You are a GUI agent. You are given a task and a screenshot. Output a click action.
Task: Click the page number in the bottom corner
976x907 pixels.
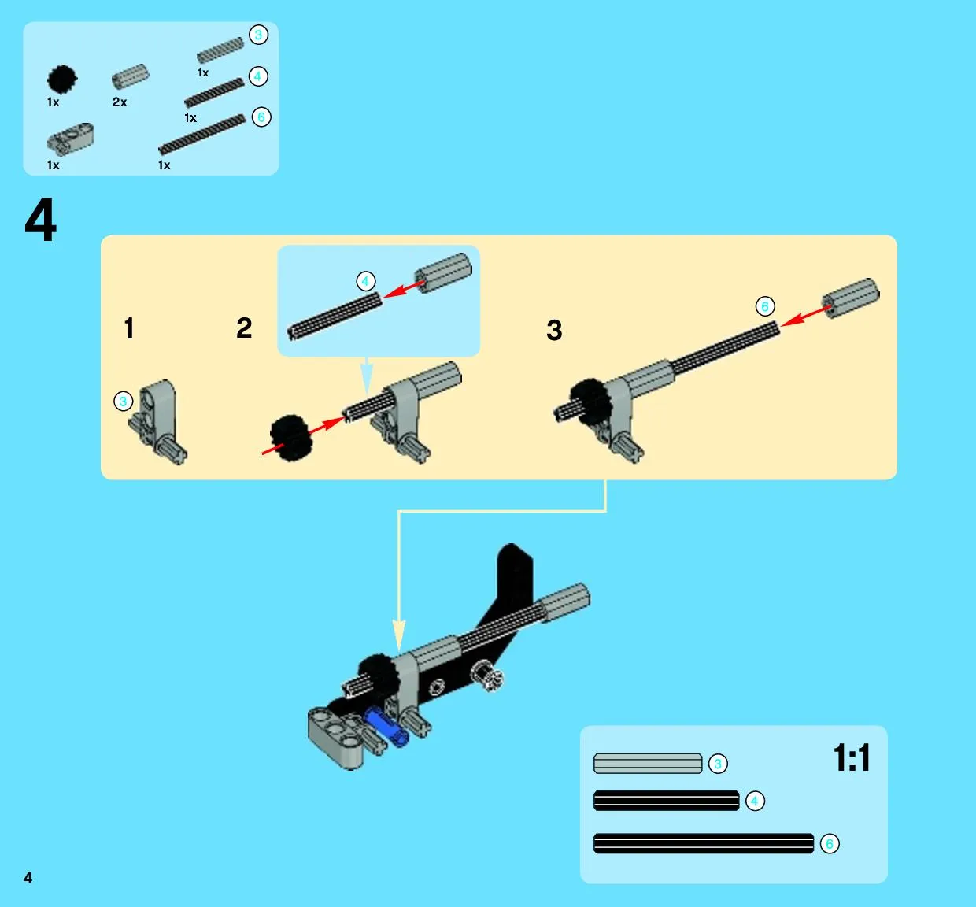click(x=28, y=878)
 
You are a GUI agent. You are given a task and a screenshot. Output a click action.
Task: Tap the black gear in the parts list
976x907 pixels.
click(x=62, y=80)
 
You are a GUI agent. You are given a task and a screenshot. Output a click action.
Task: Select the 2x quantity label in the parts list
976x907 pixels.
click(x=120, y=102)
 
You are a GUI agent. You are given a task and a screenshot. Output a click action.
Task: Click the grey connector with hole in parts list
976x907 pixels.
click(x=70, y=139)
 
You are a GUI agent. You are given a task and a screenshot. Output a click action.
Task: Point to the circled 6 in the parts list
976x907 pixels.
click(x=261, y=117)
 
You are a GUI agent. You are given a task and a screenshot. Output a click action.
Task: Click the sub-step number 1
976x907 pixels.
click(x=129, y=328)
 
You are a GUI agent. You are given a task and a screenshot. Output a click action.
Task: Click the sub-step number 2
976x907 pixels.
click(x=244, y=328)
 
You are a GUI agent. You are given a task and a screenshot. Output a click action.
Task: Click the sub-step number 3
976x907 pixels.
click(x=554, y=330)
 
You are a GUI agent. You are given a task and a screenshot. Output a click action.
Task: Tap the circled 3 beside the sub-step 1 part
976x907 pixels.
click(x=124, y=402)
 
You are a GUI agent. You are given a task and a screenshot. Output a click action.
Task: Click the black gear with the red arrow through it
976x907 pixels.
click(x=291, y=438)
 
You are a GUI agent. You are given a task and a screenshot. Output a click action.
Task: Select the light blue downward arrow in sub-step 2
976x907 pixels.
click(x=367, y=377)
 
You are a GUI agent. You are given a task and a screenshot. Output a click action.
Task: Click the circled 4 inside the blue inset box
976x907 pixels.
click(x=366, y=282)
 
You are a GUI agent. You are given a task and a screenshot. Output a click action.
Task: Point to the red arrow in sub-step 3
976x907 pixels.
click(x=805, y=316)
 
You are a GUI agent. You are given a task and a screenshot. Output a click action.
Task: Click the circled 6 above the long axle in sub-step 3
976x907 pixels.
click(x=765, y=306)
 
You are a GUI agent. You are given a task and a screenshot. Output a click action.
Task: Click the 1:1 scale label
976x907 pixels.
click(x=852, y=757)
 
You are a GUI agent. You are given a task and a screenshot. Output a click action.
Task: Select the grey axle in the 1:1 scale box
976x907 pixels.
click(x=648, y=764)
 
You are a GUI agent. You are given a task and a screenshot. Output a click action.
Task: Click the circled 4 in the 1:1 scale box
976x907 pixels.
click(x=755, y=801)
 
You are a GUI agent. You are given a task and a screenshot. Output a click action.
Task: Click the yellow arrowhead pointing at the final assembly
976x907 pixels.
click(x=399, y=635)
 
